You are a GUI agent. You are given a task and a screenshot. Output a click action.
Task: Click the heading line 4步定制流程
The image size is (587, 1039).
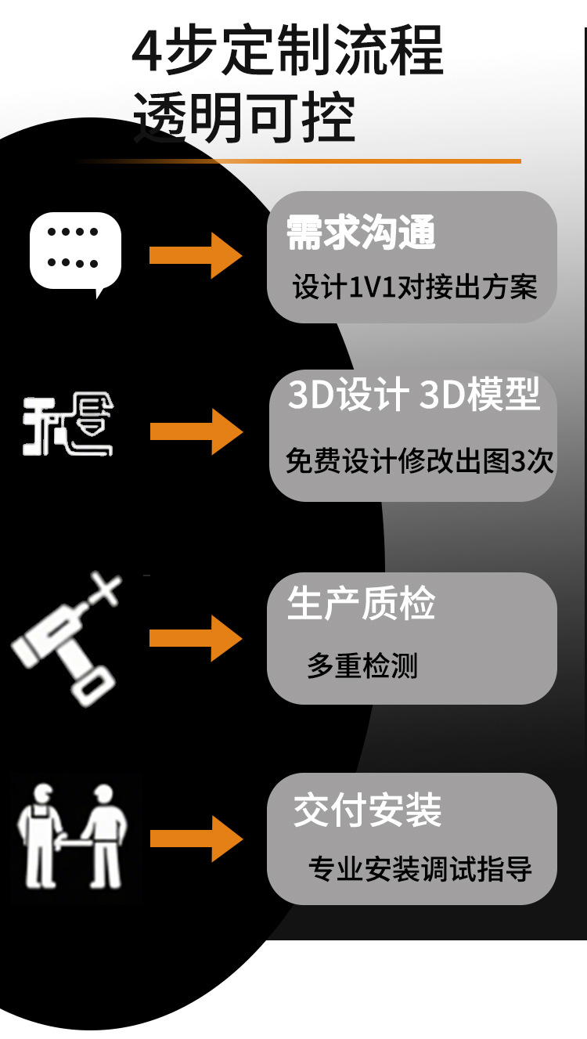click(287, 52)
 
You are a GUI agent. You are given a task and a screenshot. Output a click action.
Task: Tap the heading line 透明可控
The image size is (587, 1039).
click(243, 118)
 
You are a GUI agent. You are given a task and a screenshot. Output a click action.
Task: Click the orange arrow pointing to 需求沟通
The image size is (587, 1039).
click(196, 255)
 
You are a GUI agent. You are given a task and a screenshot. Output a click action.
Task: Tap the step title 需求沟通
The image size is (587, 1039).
click(361, 233)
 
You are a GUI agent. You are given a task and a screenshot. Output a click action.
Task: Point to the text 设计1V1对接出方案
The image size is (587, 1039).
click(415, 287)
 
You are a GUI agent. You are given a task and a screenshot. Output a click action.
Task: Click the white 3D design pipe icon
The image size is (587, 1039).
click(68, 427)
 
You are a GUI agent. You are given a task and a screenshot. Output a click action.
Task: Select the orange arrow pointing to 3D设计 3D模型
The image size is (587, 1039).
click(196, 431)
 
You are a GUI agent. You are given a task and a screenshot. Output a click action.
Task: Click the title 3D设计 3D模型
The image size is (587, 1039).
click(414, 395)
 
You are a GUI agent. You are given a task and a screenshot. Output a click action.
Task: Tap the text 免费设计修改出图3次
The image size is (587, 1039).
click(420, 461)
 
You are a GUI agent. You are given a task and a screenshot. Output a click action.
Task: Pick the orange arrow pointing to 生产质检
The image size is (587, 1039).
click(196, 638)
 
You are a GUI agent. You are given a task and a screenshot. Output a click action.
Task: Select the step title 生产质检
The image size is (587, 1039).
click(361, 604)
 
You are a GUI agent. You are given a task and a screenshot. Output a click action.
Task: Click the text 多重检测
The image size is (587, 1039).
click(362, 666)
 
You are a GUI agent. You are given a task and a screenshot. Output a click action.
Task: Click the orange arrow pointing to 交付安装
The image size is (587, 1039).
click(196, 839)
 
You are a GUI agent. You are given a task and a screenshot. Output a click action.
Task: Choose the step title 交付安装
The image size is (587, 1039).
click(367, 810)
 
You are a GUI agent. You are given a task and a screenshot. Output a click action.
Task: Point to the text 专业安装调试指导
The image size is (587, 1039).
click(420, 869)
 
